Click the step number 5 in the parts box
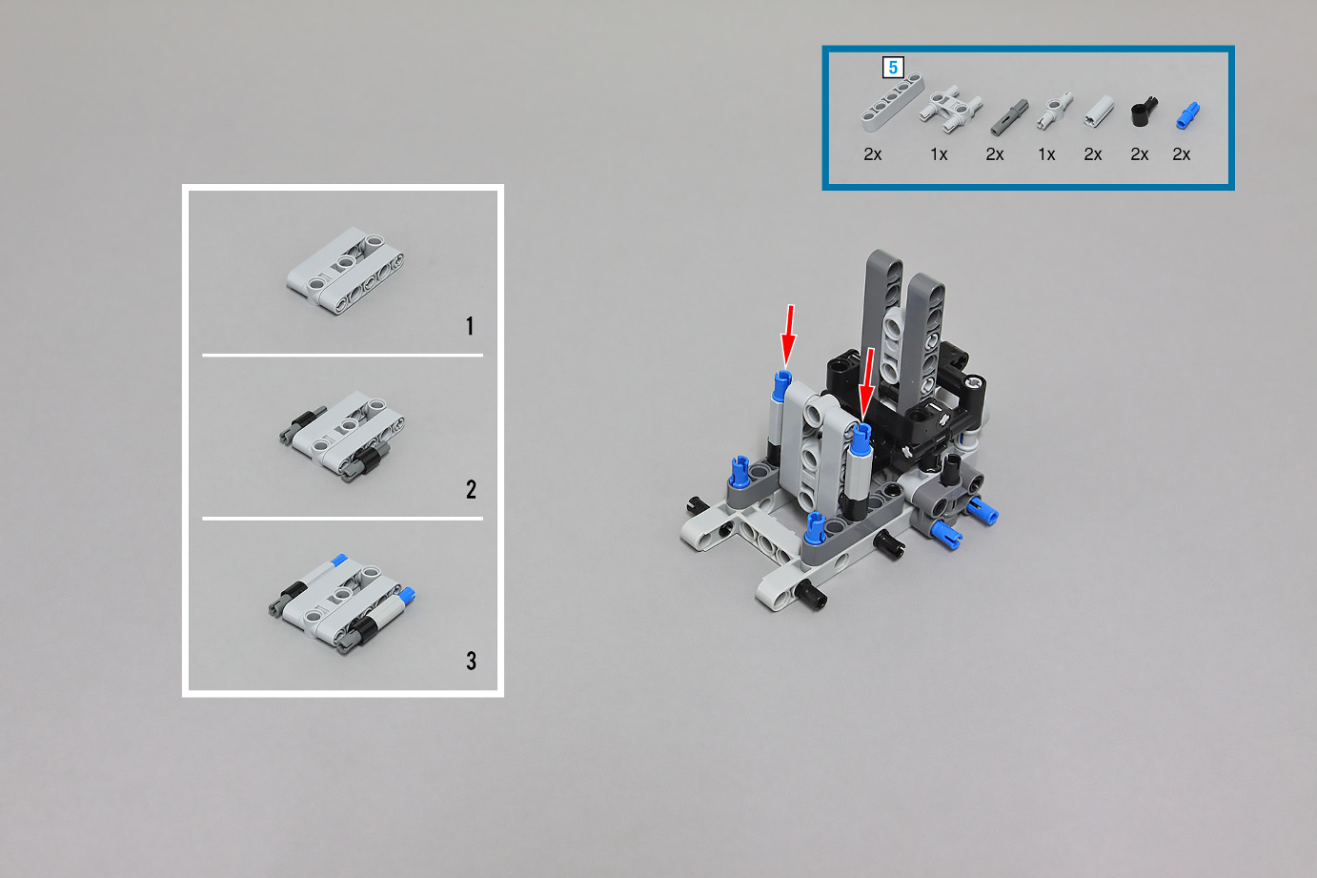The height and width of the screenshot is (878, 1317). coord(893,68)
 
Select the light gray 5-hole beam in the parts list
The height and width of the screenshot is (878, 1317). coord(892,102)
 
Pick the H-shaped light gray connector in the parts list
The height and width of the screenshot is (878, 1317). coord(951,110)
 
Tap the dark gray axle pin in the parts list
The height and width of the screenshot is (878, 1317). coord(1009,117)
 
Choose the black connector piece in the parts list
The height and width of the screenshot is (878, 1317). coord(1144,112)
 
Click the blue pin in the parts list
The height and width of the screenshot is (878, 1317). coord(1187,115)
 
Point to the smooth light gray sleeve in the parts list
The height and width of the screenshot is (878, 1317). coord(1098,112)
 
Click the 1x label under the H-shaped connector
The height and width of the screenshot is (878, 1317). coord(939,154)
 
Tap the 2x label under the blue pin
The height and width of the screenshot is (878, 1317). coord(1181,154)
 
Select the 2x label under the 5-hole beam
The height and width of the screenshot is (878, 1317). coord(873,154)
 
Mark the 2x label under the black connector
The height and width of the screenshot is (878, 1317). coord(1140,154)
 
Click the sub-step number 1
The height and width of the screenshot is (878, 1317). coord(470,326)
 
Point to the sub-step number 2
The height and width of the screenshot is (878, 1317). coord(471,489)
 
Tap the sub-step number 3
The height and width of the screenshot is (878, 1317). coord(471,661)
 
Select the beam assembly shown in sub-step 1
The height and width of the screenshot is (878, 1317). coord(345,271)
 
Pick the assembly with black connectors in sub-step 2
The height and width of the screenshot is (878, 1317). coord(341,437)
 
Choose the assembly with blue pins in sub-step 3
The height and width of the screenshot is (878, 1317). coord(343,604)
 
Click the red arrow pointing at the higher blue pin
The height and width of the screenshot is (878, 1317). coord(788,336)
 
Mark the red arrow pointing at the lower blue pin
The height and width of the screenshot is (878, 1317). coord(866,383)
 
